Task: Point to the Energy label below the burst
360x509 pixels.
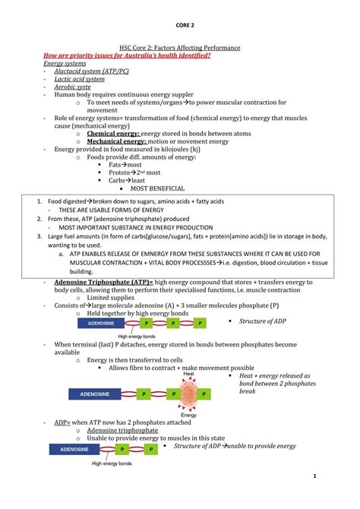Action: click(189, 415)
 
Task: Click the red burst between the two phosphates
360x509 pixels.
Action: click(188, 394)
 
